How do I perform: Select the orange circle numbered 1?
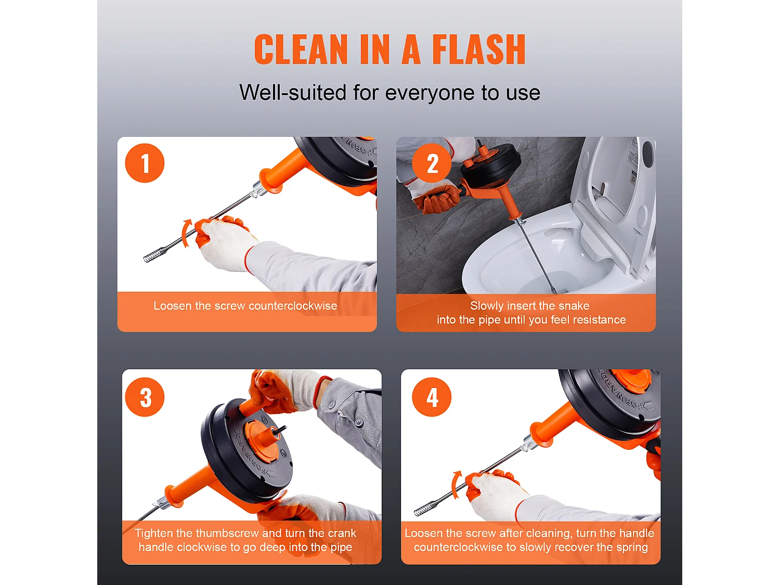[x=145, y=163]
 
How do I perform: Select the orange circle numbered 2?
[x=432, y=163]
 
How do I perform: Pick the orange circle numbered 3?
[x=145, y=397]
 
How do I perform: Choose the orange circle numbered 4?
[x=432, y=397]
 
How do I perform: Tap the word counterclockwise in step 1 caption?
[x=293, y=306]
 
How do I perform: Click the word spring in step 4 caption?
[x=632, y=548]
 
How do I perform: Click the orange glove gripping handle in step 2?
[x=438, y=199]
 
